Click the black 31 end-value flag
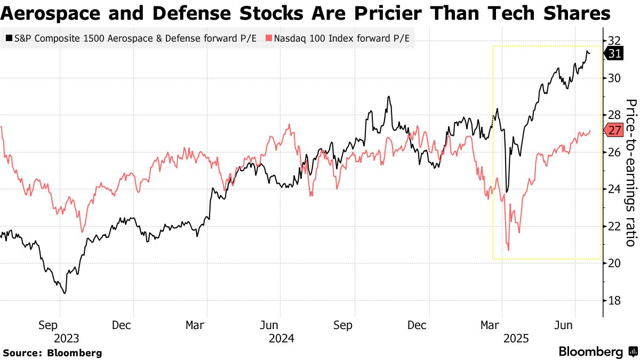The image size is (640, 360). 614,53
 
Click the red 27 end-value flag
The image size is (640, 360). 614,130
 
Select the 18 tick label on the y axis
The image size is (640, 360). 614,301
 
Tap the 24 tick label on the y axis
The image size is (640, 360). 614,189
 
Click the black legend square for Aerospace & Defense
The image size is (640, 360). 9,38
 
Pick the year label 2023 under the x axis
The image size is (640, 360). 66,338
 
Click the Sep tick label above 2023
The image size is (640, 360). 47,325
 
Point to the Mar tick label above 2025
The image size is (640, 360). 491,325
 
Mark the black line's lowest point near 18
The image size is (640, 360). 65,293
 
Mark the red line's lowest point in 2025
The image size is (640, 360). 508,250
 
